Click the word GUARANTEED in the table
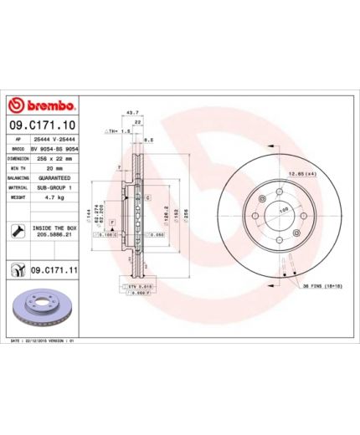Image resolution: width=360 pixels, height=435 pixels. click(x=57, y=178)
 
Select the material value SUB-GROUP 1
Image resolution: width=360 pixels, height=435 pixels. click(x=57, y=189)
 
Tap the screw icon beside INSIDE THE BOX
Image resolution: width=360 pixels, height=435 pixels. click(x=17, y=231)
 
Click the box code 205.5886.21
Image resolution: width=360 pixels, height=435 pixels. click(x=55, y=235)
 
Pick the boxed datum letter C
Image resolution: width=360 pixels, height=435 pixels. click(x=147, y=197)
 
